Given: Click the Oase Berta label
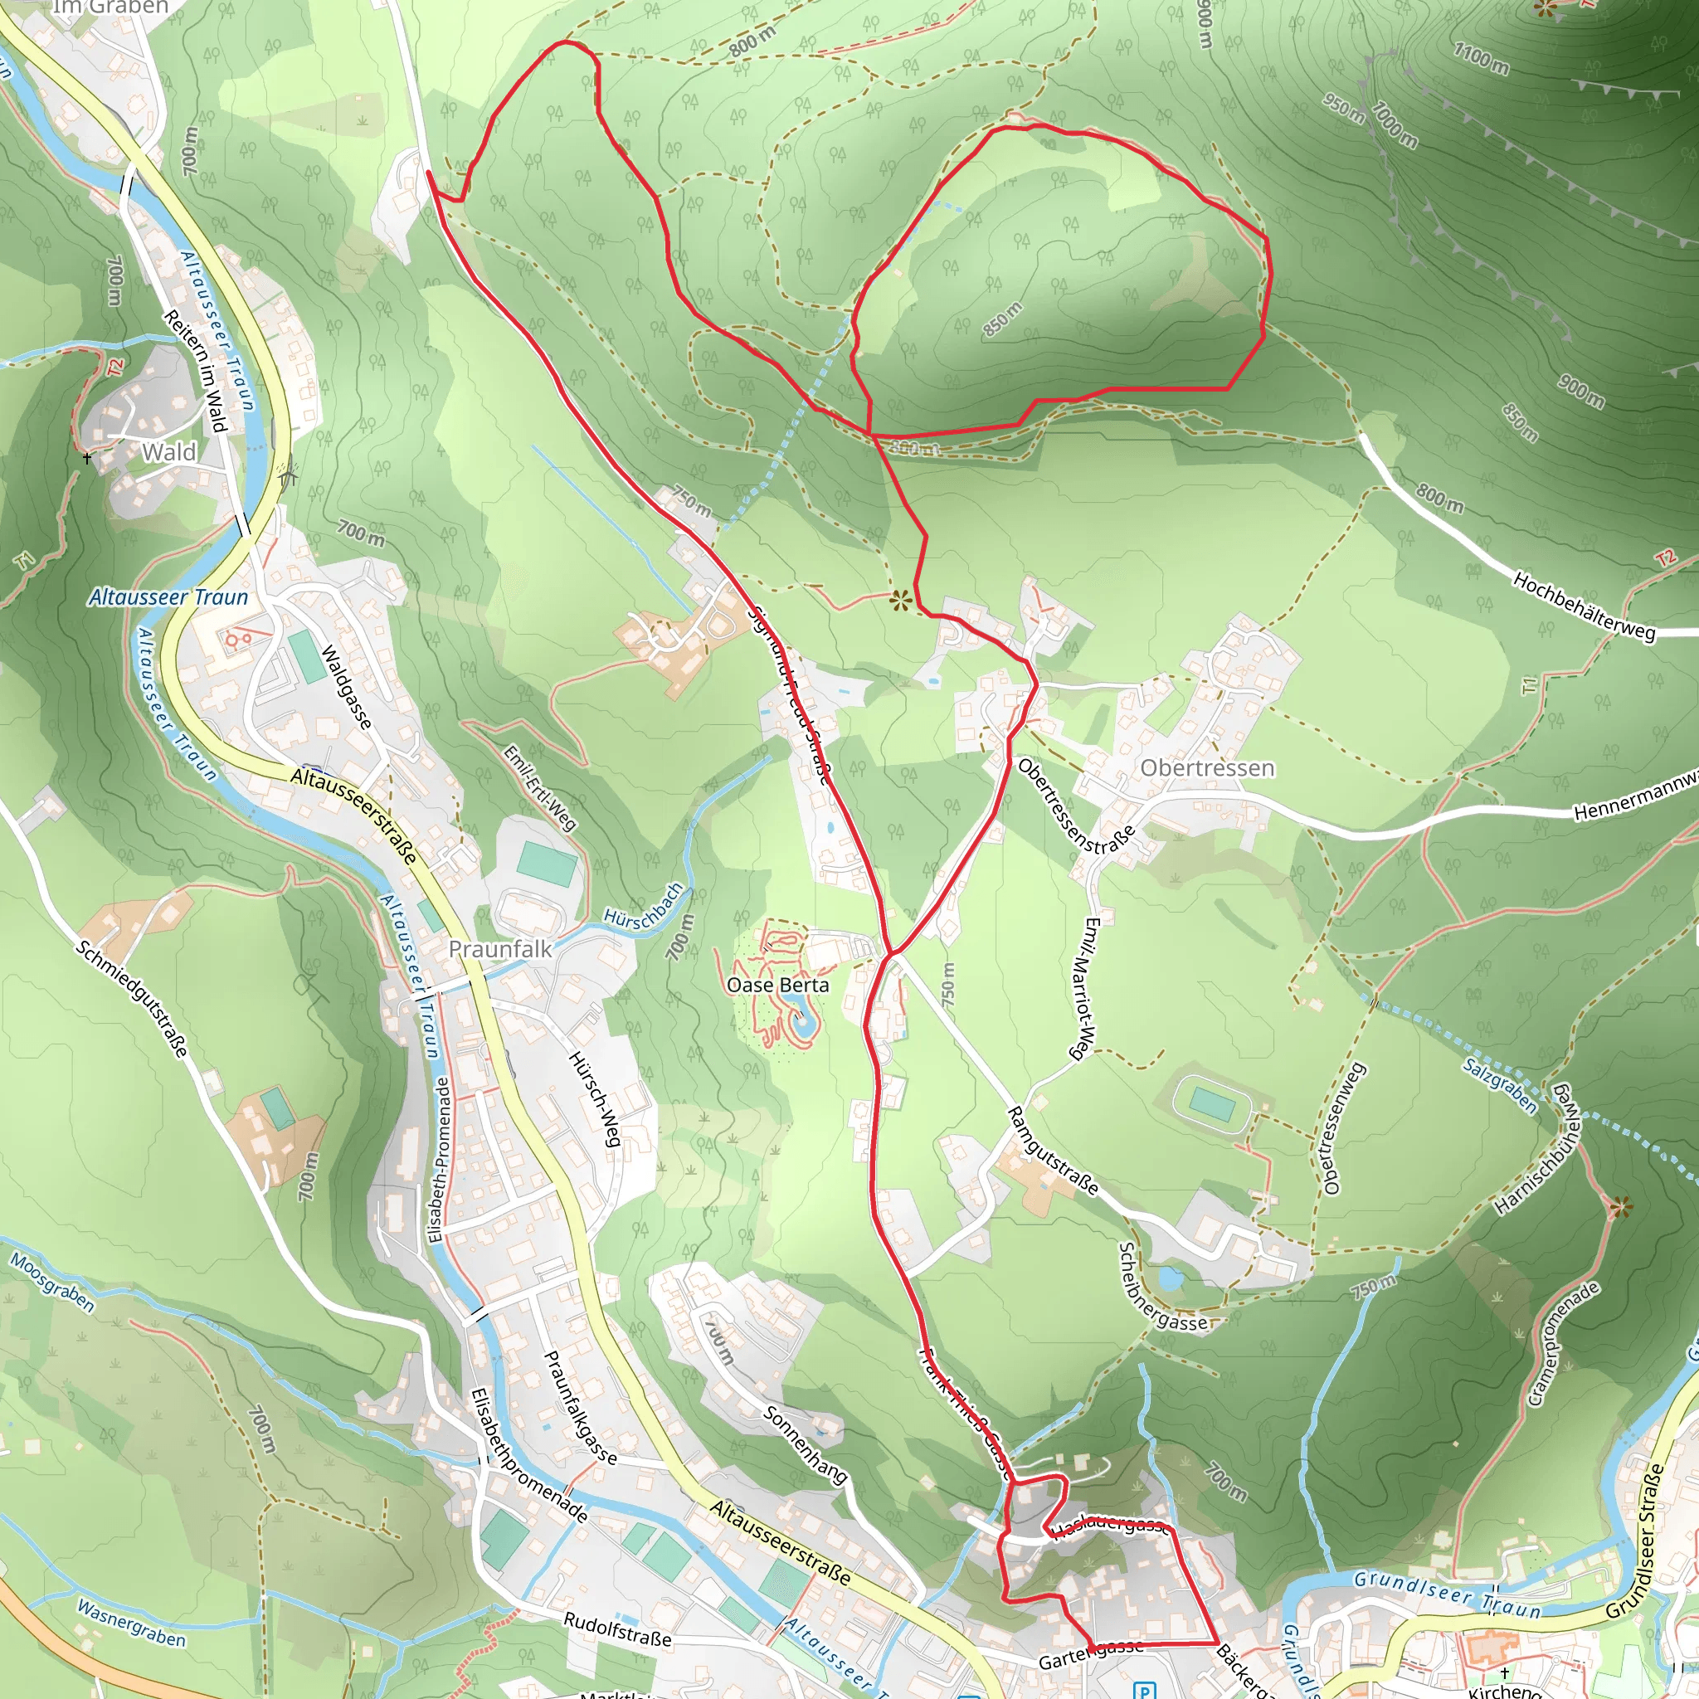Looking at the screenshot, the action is point(777,985).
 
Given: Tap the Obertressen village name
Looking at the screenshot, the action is point(1206,767).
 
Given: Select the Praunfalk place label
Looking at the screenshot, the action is point(500,949).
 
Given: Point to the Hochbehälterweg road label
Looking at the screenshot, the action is point(1584,606).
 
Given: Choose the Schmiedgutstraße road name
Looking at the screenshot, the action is point(132,998).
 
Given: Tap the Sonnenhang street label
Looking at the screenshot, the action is point(805,1445).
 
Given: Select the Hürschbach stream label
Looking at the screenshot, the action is point(644,904).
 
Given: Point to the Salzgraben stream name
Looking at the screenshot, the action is point(1499,1085).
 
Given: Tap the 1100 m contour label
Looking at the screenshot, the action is point(1481,58).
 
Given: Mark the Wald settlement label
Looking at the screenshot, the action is point(169,452).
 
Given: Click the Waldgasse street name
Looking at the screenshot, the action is point(346,687).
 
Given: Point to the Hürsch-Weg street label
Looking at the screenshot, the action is point(596,1099).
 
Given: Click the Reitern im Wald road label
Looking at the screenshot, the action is point(195,371).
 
